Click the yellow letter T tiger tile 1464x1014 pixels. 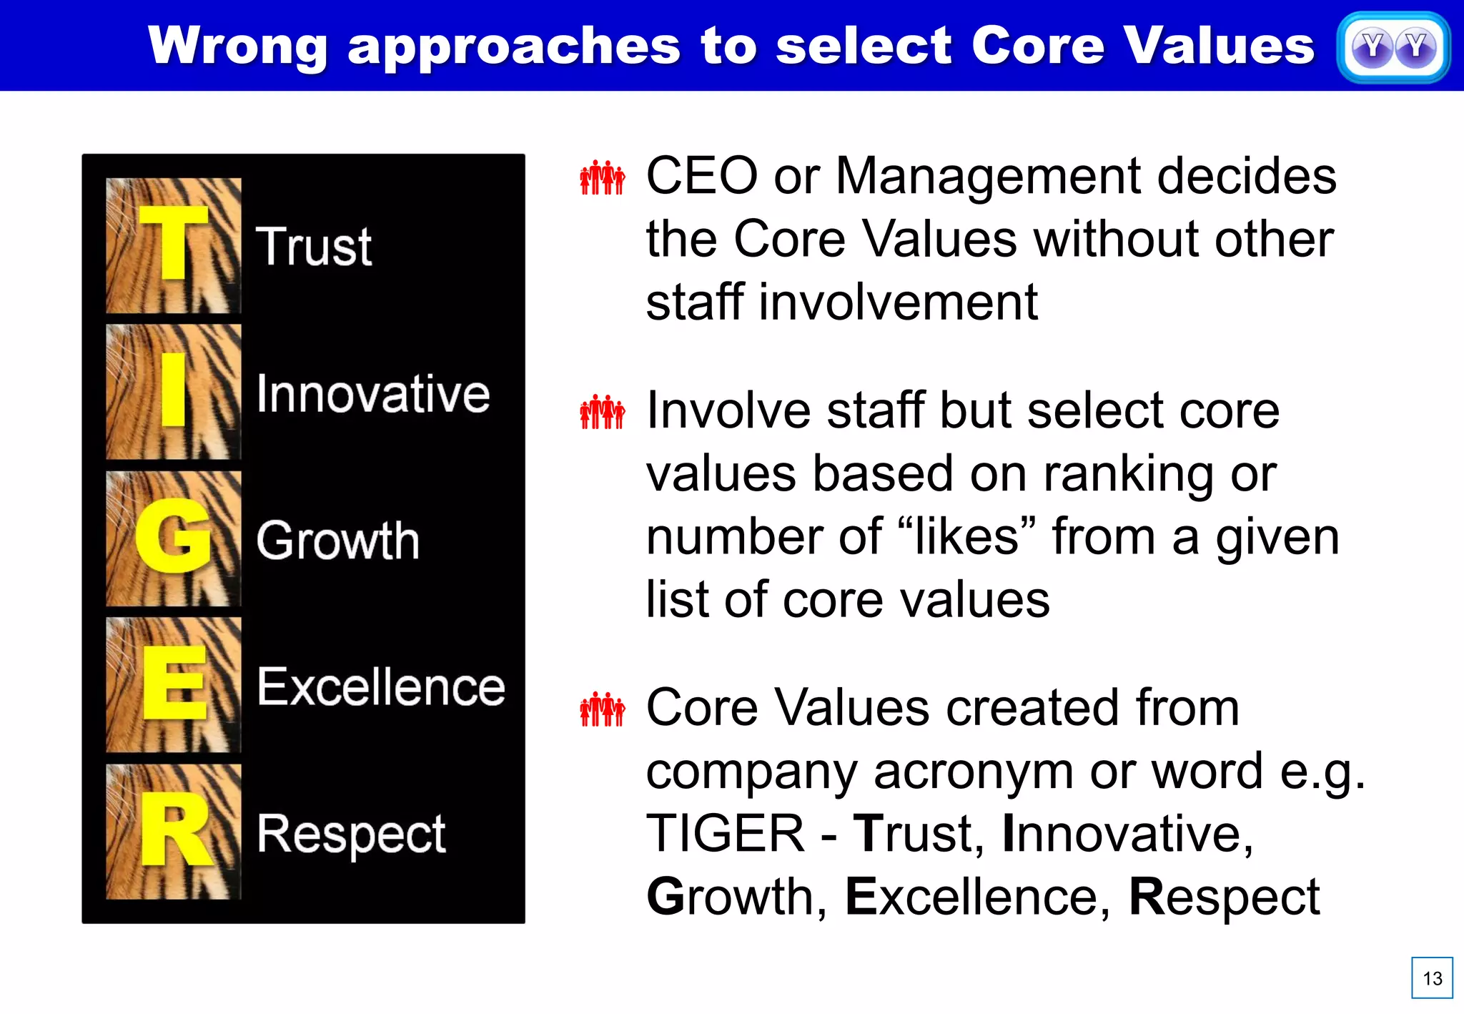(x=173, y=245)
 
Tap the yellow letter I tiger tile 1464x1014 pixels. (x=173, y=392)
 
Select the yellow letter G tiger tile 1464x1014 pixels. (x=173, y=538)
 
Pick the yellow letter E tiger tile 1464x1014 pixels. (x=173, y=685)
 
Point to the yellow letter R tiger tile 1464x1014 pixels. (x=173, y=832)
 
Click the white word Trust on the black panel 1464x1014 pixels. (x=314, y=247)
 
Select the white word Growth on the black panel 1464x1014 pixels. (x=337, y=541)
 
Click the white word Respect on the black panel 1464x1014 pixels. (x=351, y=834)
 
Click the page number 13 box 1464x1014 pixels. (x=1432, y=978)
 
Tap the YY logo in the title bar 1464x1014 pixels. (x=1393, y=48)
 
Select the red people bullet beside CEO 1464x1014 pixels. (x=602, y=177)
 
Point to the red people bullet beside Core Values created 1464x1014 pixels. (x=602, y=709)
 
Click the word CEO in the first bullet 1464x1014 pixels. (x=701, y=176)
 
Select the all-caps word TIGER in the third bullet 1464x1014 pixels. (x=725, y=834)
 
